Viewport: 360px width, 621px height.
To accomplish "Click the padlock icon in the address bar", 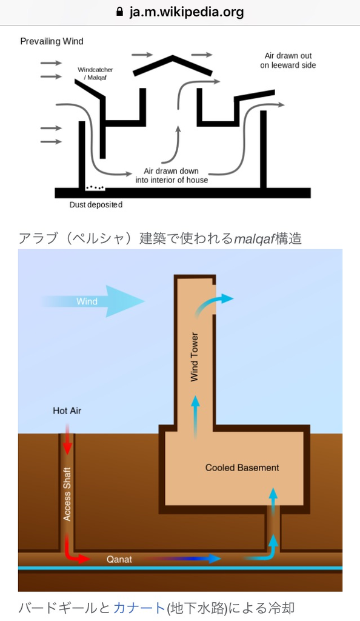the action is click(x=119, y=12).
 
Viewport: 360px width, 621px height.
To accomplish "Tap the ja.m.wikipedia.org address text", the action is click(x=186, y=12).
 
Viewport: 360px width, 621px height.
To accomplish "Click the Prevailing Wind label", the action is click(x=52, y=41).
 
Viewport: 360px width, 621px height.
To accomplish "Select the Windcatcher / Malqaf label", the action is click(x=95, y=73).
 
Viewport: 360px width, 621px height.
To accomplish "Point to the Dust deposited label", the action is click(x=96, y=205).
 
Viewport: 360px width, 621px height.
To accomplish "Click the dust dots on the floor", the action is click(x=95, y=187).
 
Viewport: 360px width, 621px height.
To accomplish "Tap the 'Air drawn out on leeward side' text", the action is click(x=288, y=61).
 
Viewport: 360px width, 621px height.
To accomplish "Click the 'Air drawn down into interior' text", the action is click(x=172, y=175).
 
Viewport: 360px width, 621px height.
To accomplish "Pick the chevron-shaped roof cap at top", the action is click(x=173, y=64).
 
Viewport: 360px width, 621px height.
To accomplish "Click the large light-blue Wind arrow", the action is click(x=93, y=301).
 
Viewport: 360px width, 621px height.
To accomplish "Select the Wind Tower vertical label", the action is click(x=194, y=357).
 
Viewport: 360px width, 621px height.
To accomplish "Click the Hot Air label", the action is click(x=67, y=411).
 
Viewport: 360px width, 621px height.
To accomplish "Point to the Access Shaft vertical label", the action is click(x=67, y=494).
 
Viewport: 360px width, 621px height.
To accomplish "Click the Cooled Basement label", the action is click(x=242, y=468).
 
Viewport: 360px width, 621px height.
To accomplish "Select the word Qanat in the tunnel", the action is click(x=119, y=559).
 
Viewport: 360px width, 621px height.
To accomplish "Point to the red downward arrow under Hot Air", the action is click(x=67, y=439).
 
